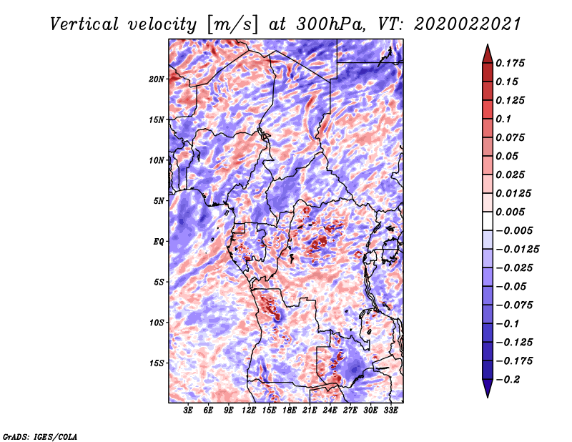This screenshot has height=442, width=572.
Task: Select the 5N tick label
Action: click(x=159, y=201)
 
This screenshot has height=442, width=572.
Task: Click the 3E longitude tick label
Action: click(x=189, y=411)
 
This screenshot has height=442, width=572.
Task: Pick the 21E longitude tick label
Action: click(x=310, y=411)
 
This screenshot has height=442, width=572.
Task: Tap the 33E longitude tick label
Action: click(x=390, y=411)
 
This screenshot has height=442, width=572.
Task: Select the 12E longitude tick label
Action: click(x=249, y=411)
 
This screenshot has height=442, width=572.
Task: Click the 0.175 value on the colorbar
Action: click(x=511, y=63)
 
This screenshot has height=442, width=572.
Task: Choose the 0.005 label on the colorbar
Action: click(x=511, y=212)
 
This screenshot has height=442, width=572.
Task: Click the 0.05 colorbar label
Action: click(x=508, y=156)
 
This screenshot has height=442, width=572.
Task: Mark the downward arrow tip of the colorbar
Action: click(x=486, y=396)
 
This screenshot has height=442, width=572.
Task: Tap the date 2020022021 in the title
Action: click(x=465, y=24)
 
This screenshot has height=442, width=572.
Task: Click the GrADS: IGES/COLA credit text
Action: click(x=40, y=436)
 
